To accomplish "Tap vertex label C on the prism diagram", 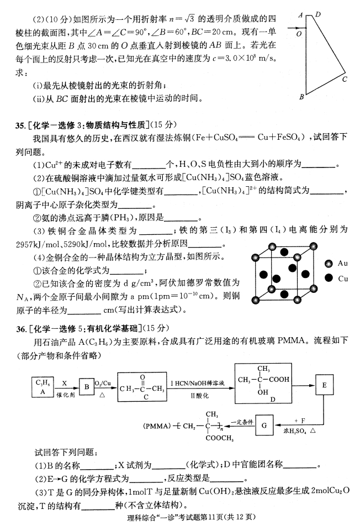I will pos(344,79).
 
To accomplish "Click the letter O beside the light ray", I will pos(298,33).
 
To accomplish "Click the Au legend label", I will pos(342,264).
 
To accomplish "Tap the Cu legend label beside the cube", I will pos(342,279).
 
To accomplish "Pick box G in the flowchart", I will pos(264,424).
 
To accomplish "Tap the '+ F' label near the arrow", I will pos(300,420).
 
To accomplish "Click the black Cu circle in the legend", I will pos(329,279).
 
